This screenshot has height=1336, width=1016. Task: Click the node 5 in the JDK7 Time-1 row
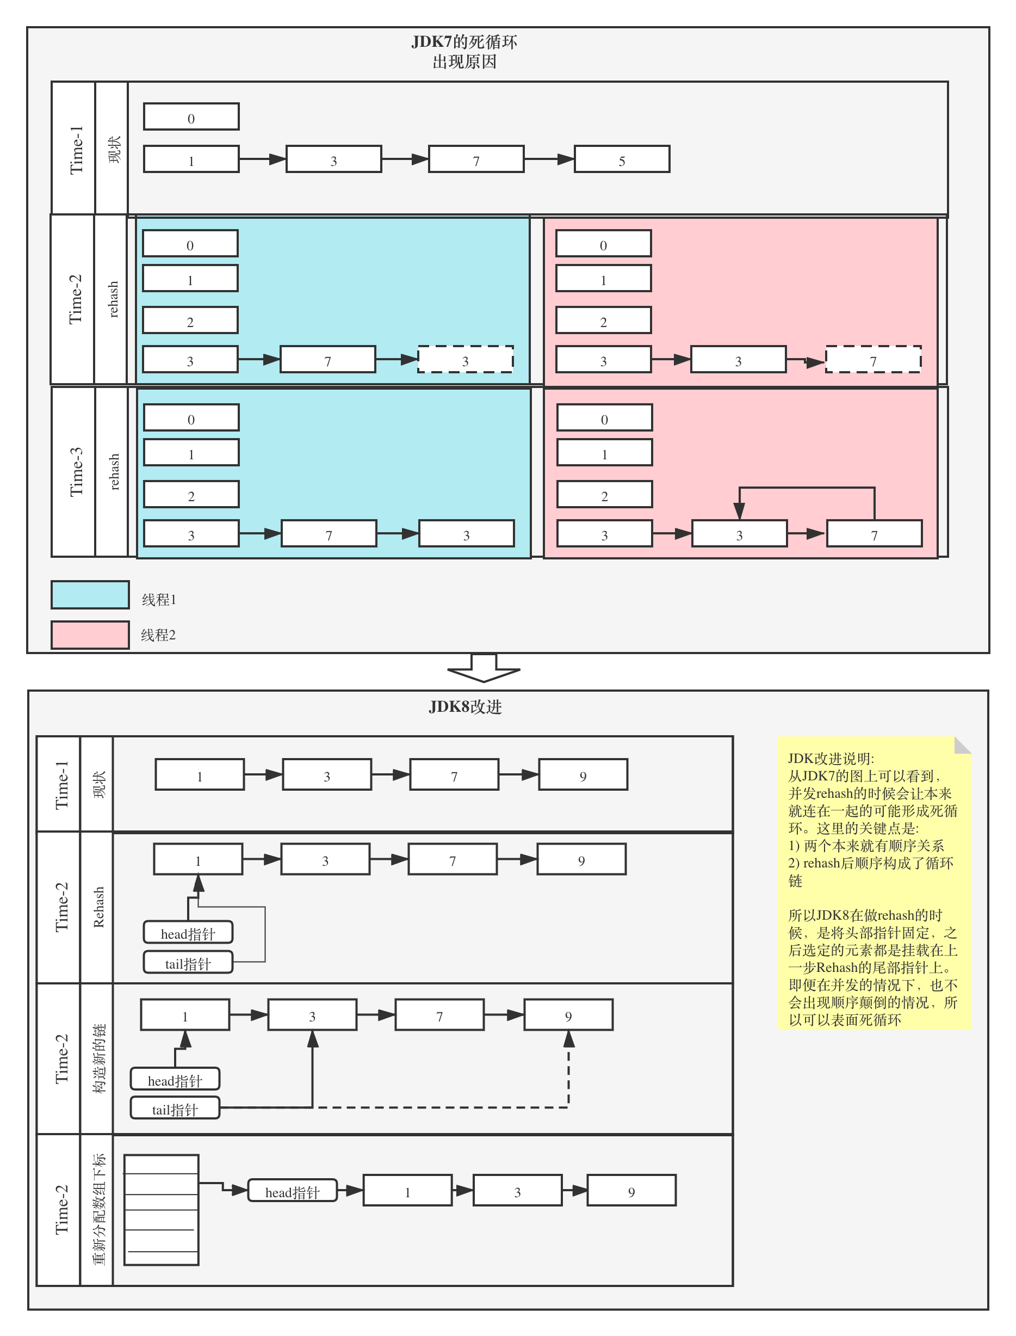pos(622,159)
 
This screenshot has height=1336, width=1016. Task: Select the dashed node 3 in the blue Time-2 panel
pos(465,359)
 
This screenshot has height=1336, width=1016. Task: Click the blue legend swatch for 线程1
pos(90,595)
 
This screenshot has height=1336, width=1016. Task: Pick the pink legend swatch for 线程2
pos(90,635)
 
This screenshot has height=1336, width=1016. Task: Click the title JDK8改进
pos(465,707)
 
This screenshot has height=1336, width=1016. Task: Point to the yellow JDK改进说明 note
pos(874,883)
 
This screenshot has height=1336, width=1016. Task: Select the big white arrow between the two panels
pos(484,668)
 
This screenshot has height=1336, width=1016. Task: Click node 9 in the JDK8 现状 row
pos(583,775)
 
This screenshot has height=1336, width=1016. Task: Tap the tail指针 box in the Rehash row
pos(188,963)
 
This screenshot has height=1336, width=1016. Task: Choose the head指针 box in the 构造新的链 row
pos(175,1080)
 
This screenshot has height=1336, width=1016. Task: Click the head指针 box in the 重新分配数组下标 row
pos(292,1191)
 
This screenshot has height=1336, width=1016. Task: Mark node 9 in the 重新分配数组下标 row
pos(631,1191)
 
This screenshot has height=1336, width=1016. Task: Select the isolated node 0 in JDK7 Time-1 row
pos(191,117)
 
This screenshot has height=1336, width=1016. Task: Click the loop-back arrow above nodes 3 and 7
pos(807,488)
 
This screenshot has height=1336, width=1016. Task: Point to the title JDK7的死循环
pos(464,42)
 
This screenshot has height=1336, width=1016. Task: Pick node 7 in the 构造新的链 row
pos(439,1015)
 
